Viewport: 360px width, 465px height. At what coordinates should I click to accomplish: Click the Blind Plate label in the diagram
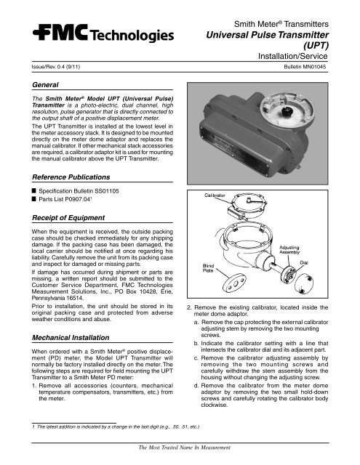point(202,270)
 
